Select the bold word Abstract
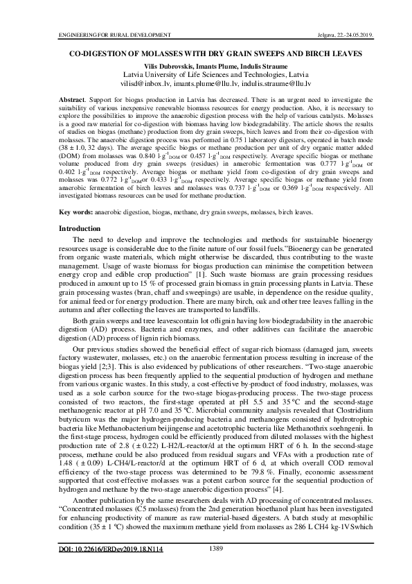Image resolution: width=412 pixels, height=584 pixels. point(73,100)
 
